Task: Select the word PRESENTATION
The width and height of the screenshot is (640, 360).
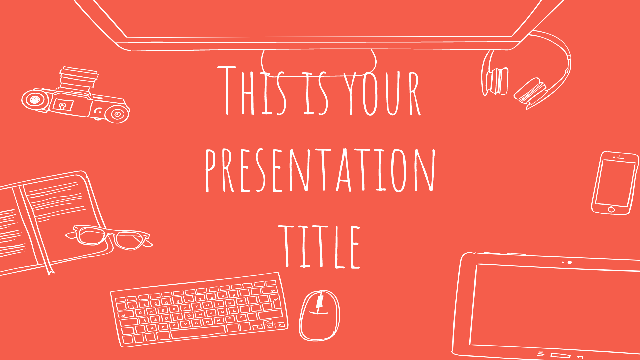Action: (320, 170)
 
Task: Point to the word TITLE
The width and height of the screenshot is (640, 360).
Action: (319, 247)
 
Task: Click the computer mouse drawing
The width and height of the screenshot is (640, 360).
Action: (319, 315)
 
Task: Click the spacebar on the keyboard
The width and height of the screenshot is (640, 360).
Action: (198, 332)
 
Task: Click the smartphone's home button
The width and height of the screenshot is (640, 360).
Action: (611, 209)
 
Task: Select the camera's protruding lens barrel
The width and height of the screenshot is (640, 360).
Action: (78, 79)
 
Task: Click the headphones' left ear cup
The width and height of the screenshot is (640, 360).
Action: (497, 81)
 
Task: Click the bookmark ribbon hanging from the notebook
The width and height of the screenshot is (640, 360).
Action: (49, 268)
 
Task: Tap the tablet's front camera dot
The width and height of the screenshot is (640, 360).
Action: (570, 263)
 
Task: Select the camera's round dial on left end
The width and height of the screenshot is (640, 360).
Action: (35, 99)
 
